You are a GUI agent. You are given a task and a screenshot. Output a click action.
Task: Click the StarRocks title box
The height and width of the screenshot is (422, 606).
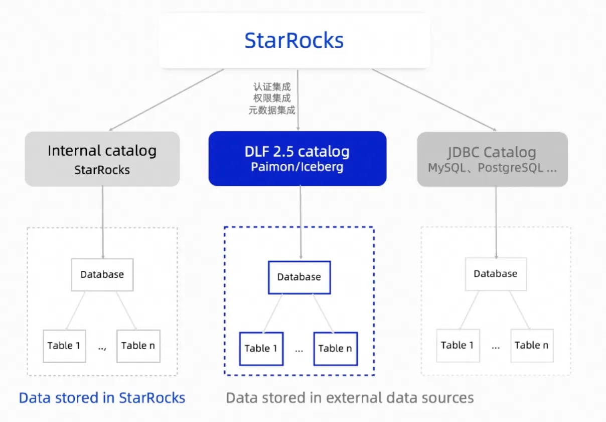(294, 41)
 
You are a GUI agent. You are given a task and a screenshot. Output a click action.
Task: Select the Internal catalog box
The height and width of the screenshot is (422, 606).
(102, 159)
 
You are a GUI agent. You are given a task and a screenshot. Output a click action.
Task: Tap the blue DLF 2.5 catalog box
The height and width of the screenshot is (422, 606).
(297, 159)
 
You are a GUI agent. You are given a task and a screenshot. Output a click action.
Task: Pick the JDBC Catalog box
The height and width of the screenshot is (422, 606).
(492, 159)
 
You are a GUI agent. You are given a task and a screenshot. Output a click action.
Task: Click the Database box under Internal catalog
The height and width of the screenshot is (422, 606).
(102, 275)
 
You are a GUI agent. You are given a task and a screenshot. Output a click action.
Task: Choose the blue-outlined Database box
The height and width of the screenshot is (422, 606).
(299, 277)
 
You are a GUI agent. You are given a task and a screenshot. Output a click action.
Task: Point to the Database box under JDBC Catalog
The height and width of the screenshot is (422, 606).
(496, 274)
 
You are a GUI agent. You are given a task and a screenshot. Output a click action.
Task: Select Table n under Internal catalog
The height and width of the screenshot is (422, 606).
(138, 346)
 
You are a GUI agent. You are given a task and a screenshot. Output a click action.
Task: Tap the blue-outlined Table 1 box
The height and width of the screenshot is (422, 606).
(261, 349)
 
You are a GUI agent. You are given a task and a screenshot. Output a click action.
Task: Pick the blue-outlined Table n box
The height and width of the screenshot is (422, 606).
(335, 349)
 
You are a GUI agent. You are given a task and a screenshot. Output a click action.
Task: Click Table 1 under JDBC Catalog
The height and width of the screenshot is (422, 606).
(458, 346)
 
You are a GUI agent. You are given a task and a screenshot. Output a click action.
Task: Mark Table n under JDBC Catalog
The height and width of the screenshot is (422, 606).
(532, 346)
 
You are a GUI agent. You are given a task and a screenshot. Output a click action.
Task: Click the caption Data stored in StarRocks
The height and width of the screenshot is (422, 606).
(102, 398)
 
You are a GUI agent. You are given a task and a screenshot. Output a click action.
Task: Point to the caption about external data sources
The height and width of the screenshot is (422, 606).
(350, 398)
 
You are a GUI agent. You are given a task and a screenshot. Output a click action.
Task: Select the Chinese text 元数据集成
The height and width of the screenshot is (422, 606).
(272, 111)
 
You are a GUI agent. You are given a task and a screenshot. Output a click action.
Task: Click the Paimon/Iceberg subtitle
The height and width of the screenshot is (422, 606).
(297, 167)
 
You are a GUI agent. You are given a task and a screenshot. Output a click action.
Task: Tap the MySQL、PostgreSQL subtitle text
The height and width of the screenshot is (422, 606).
(492, 168)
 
